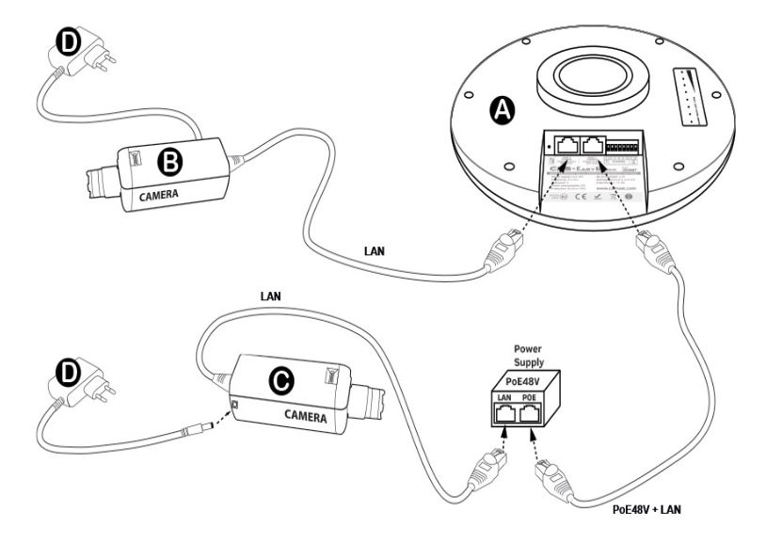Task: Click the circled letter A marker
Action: click(503, 111)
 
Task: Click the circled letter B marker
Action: click(170, 163)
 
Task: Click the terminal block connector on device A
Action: click(633, 149)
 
